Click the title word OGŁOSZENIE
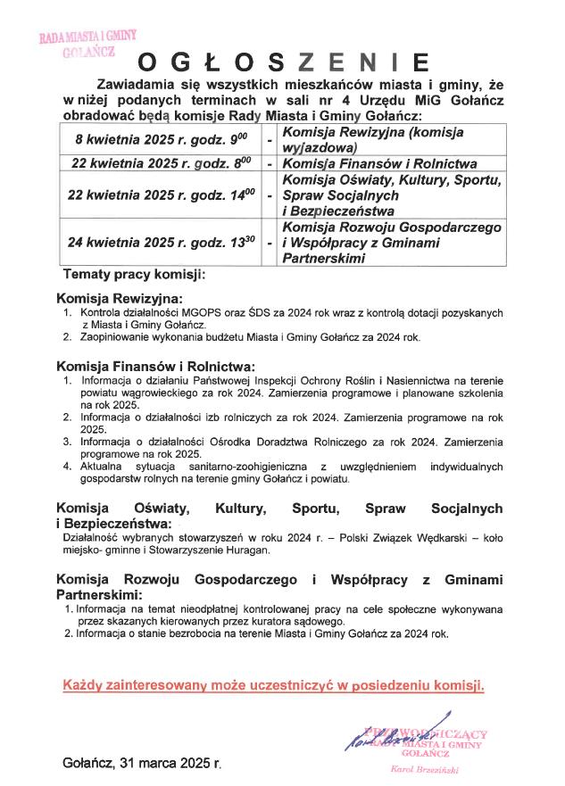pos(282,62)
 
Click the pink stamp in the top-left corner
pos(87,42)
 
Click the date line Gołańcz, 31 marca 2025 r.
pos(142,764)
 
